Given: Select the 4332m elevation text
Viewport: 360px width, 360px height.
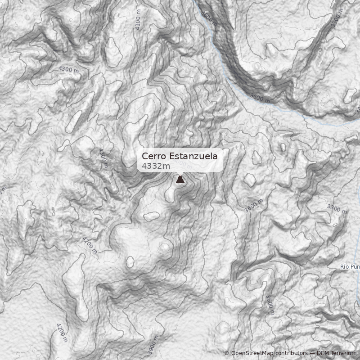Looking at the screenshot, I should [x=156, y=166].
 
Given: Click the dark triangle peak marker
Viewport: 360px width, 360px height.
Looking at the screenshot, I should [x=180, y=180].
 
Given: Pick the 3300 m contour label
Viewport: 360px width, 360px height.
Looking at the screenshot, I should [x=337, y=209].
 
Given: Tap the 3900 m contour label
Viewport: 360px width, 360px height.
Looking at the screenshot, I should [x=153, y=345].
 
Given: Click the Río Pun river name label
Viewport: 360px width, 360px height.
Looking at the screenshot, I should [x=350, y=267].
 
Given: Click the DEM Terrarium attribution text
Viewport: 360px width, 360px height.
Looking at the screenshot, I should [x=337, y=353].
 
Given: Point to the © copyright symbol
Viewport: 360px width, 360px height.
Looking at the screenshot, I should [x=227, y=353].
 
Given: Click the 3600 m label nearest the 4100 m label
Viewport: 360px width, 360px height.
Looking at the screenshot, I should [x=209, y=18].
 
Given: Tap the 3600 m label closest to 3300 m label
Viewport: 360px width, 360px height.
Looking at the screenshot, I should [x=253, y=204].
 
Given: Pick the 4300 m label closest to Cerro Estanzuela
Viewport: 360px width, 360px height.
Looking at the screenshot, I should [x=103, y=157].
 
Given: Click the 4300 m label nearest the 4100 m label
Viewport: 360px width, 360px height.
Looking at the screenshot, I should [x=68, y=70].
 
